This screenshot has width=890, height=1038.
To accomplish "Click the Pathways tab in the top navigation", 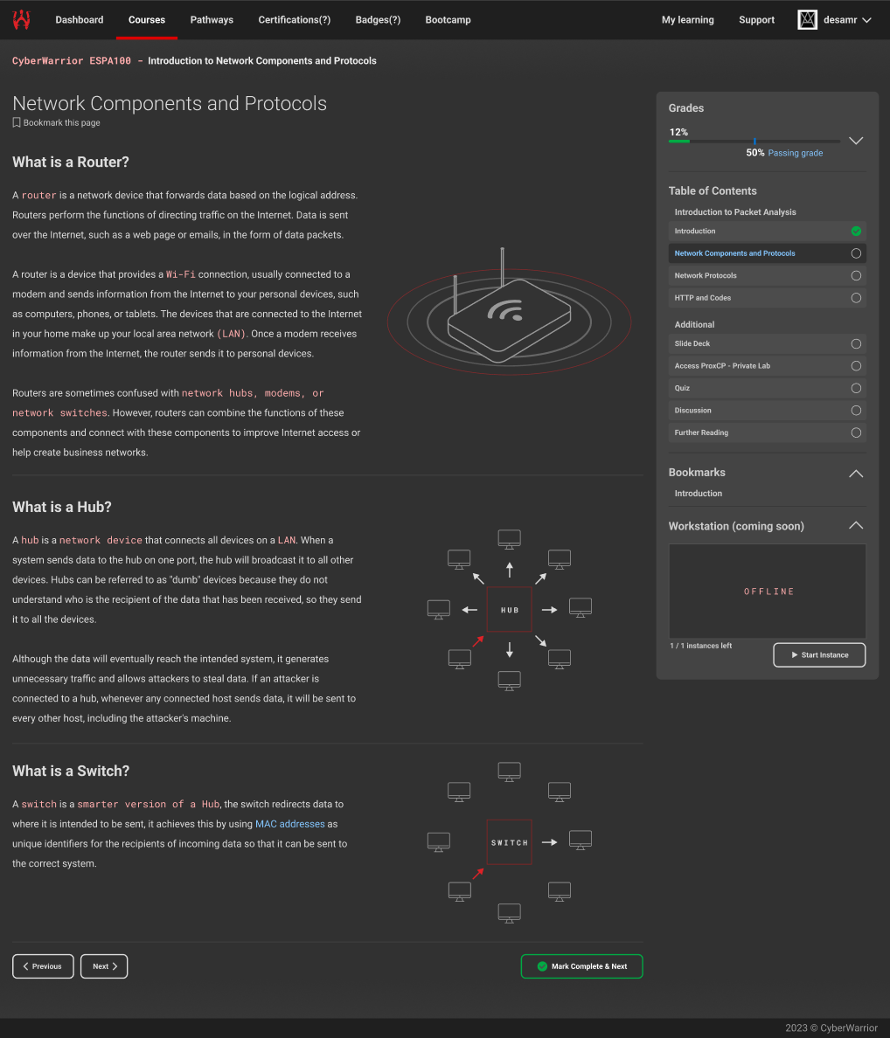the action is tap(212, 20).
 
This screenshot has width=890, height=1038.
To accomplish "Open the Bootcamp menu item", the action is tap(448, 20).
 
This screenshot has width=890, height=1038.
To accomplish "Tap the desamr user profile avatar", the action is tap(807, 20).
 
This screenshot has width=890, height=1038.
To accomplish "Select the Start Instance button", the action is tap(819, 654).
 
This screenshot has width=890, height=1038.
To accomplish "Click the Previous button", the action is tap(43, 966).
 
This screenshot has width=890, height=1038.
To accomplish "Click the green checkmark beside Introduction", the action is tap(856, 231).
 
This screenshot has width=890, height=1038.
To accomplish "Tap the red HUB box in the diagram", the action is tap(509, 610).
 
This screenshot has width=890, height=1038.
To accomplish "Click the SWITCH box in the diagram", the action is tap(509, 842).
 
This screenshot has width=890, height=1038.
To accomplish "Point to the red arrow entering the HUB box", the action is tap(478, 640).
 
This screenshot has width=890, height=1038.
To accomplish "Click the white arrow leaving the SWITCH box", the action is tap(550, 842).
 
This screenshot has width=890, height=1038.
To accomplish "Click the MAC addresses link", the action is tap(290, 824).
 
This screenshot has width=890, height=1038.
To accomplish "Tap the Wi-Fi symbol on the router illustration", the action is tap(506, 310).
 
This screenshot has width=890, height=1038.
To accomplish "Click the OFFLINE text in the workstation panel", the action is tap(768, 592).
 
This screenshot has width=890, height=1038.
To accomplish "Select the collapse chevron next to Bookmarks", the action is tap(856, 474).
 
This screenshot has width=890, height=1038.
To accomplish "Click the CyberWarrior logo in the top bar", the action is tap(21, 20).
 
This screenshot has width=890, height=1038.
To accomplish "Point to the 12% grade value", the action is tap(678, 133).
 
